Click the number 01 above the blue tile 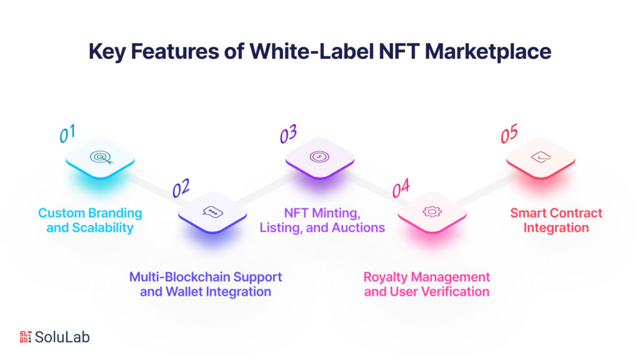coord(67,133)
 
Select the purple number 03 coord(288,133)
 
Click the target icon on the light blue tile coord(100,157)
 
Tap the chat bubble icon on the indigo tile coord(212,211)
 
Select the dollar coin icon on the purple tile coord(320,157)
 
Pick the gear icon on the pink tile coord(431,211)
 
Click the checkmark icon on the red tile coord(540,157)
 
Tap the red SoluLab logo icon coord(26,337)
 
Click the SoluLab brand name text coord(62,337)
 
